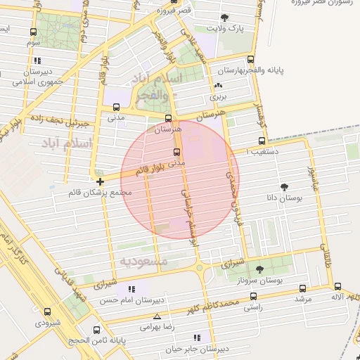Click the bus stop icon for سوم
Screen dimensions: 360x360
tap(34, 32)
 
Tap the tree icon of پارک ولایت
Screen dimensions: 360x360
tap(224, 18)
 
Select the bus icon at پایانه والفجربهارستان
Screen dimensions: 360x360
tap(252, 60)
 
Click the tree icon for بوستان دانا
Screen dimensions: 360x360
tap(283, 187)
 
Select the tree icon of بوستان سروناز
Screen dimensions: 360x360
tap(259, 269)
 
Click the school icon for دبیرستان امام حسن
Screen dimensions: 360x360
tap(131, 288)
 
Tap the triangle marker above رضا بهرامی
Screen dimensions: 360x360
tap(157, 316)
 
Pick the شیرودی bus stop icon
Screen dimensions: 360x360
tap(47, 311)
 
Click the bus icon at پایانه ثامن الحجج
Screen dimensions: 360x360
tap(96, 330)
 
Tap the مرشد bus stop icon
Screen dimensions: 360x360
tap(302, 288)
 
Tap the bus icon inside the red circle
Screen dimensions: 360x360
tap(176, 152)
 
